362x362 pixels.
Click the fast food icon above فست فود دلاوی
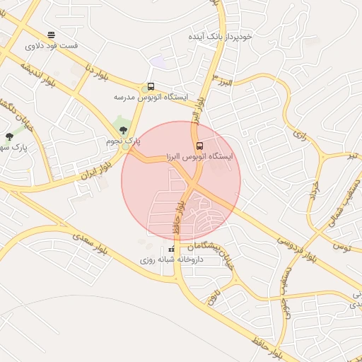[51, 34]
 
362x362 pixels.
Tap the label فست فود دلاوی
[52, 45]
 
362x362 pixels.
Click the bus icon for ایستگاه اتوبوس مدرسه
[151, 86]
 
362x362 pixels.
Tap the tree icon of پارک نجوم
[123, 130]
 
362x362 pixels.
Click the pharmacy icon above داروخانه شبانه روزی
[170, 250]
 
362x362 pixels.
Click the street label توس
[343, 247]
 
